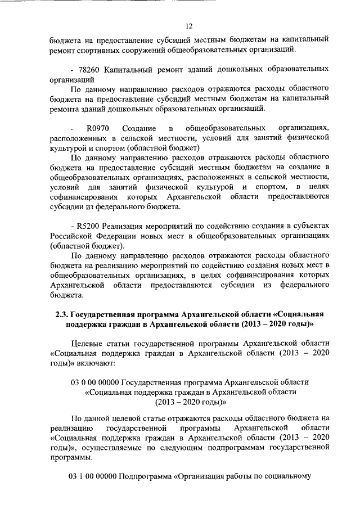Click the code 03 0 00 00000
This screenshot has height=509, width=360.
(94, 382)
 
